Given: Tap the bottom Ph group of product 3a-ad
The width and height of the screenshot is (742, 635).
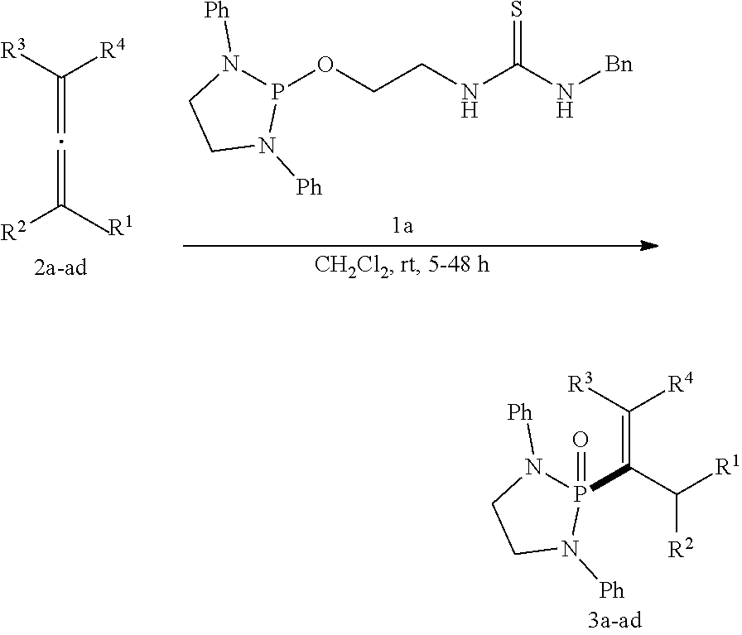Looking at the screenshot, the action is (609, 591).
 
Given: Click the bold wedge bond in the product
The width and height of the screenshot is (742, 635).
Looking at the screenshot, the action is (609, 483).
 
